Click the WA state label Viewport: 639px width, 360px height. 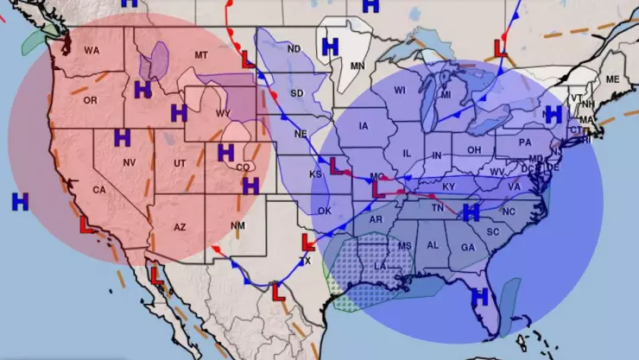92,51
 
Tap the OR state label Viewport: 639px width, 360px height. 91,100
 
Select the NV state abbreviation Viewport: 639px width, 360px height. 130,163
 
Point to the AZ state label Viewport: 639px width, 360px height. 180,227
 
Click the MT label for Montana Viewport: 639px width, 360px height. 201,56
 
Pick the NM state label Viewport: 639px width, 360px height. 238,226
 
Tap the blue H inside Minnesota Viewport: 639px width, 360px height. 329,45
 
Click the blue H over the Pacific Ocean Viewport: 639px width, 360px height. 20,201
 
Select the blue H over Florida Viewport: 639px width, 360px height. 480,296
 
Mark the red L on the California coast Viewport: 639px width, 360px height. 86,225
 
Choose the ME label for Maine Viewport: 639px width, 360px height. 613,79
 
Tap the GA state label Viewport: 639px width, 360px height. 467,247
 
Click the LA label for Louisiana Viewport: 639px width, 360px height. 379,268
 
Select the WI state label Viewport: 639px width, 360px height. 400,91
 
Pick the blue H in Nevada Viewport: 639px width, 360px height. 122,137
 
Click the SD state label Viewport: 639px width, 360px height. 297,93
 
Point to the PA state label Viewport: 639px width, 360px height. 524,142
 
